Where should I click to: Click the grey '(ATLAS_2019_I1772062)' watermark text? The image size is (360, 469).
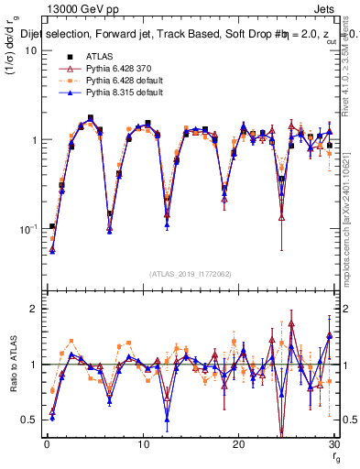click(x=190, y=273)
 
